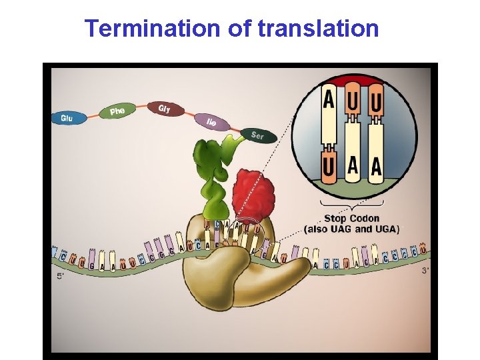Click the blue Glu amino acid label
pos(67,118)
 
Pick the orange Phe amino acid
pos(117,111)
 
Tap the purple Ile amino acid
pos(211,122)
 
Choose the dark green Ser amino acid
pos(257,135)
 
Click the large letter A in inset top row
pos(329,101)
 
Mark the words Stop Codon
pos(351,218)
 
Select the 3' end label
pos(426,271)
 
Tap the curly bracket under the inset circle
pos(351,203)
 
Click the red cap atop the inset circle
pos(353,81)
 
